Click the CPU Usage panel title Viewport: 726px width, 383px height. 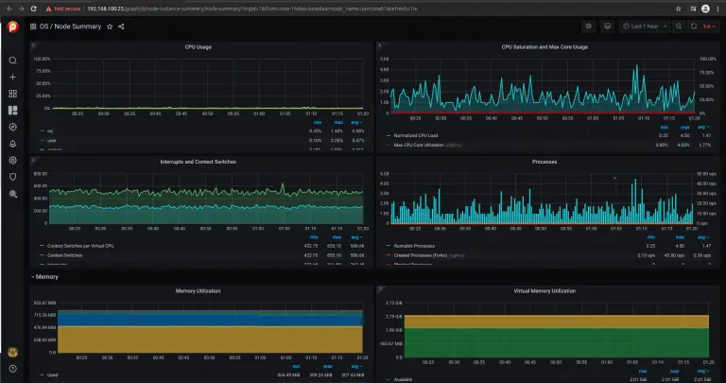(x=198, y=45)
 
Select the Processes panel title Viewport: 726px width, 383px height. (x=544, y=162)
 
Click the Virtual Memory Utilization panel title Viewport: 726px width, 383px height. (x=544, y=290)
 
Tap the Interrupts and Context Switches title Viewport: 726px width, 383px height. (x=198, y=162)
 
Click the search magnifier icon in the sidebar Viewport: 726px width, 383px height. (x=13, y=61)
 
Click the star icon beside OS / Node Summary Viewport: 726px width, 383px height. (x=110, y=26)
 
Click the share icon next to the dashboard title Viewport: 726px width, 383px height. (x=121, y=26)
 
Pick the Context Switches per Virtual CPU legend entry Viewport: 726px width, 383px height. (x=79, y=245)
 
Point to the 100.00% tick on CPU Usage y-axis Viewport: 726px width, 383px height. (x=43, y=59)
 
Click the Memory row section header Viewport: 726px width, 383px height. (x=47, y=277)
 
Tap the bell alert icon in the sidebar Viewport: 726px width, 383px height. (x=13, y=143)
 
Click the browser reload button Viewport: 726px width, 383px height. (x=37, y=8)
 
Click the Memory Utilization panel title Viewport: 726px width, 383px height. (x=198, y=290)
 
